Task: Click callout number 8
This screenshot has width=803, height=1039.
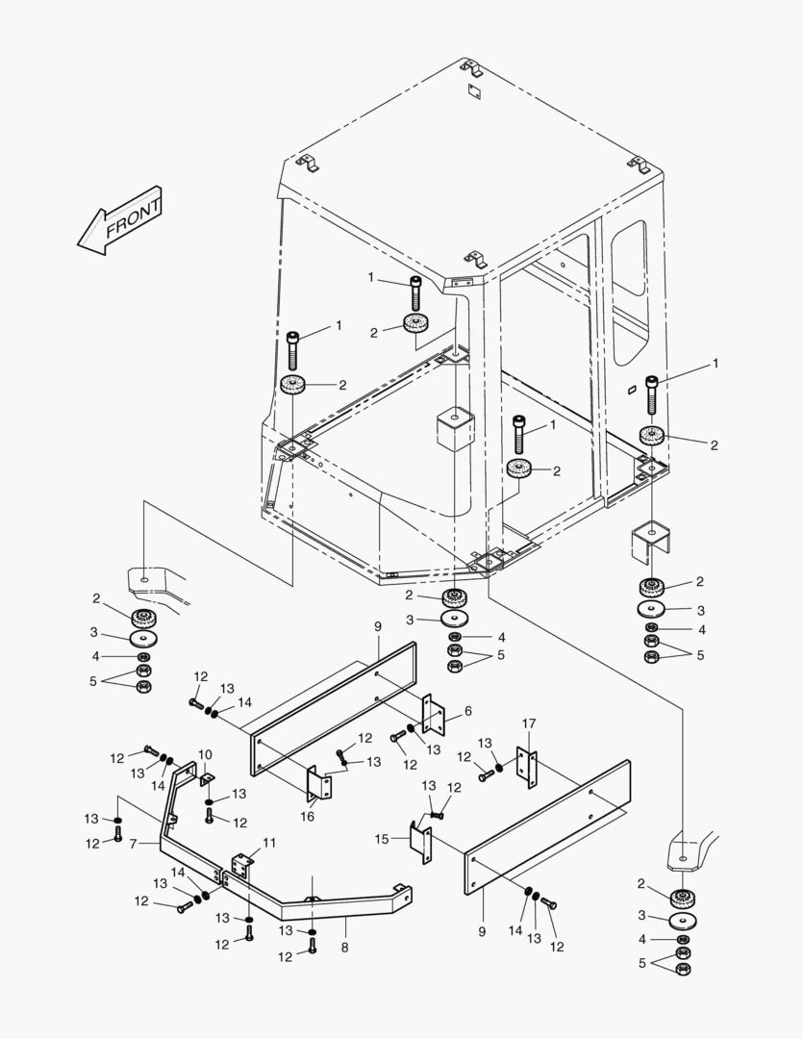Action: coord(345,947)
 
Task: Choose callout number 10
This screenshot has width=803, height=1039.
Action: coord(205,754)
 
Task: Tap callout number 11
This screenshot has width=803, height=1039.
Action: coord(269,843)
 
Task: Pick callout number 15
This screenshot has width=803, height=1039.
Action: coord(382,839)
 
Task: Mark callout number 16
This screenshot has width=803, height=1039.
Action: coord(308,816)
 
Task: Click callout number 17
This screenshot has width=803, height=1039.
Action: coord(528,723)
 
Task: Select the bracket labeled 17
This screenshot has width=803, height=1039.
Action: coord(527,766)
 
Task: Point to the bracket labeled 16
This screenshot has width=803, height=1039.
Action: coord(319,783)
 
